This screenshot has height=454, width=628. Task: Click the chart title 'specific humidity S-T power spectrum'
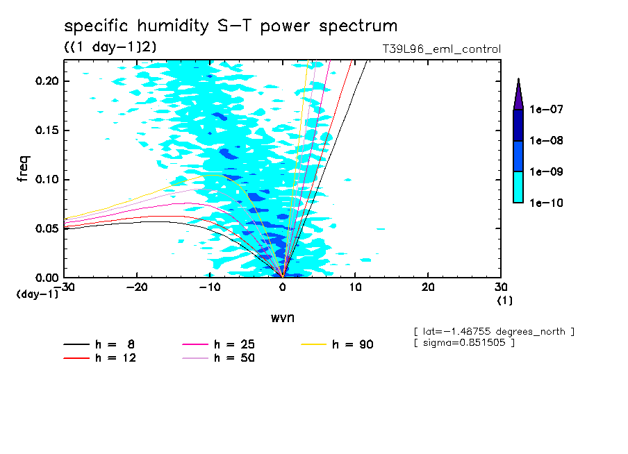pyautogui.click(x=231, y=26)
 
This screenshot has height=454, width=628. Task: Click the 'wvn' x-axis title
pyautogui.click(x=282, y=318)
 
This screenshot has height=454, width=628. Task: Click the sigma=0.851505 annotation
pyautogui.click(x=463, y=344)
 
